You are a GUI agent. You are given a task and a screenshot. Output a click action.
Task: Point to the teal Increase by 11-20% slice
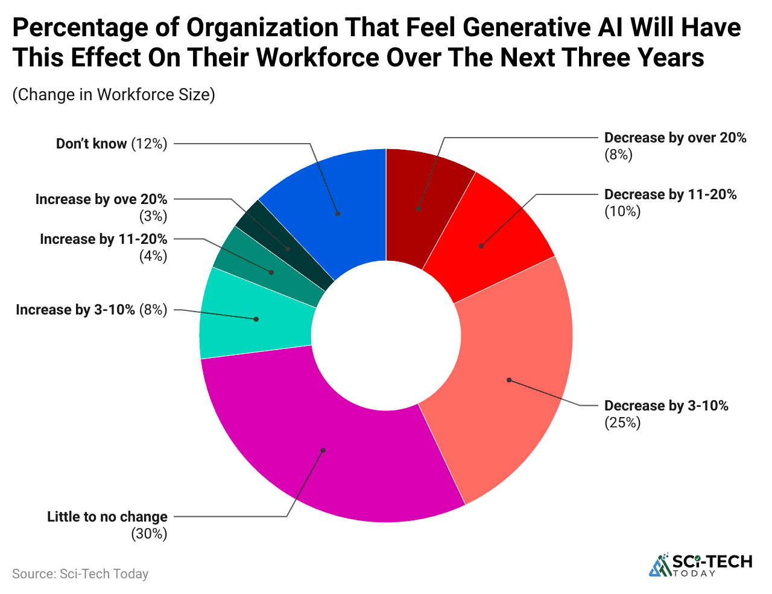265,269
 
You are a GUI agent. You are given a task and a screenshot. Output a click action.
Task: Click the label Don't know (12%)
111,144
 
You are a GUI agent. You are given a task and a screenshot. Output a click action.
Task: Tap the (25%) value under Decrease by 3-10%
622,423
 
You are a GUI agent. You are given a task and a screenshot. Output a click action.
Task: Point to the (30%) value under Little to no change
149,534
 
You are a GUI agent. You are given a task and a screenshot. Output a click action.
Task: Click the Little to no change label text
107,517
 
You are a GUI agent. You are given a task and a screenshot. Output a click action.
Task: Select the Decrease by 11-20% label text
670,194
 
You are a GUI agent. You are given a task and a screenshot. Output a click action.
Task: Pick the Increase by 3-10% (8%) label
91,310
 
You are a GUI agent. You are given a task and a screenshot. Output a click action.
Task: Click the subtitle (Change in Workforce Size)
113,95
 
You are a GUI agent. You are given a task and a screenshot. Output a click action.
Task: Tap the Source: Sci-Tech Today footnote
80,573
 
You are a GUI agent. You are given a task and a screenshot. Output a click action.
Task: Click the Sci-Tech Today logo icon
660,565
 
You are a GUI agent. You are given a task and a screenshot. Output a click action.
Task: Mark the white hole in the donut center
386,336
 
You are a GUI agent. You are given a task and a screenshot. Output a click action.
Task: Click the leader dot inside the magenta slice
323,450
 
